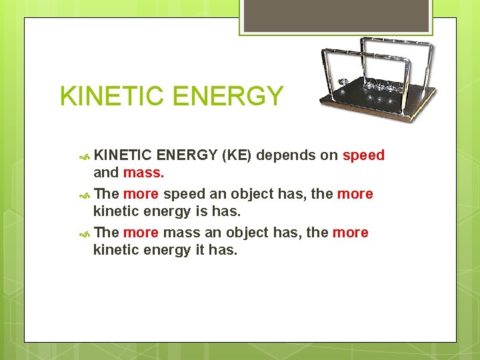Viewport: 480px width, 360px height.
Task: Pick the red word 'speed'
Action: pyautogui.click(x=363, y=155)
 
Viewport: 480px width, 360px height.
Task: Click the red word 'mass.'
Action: pyautogui.click(x=143, y=173)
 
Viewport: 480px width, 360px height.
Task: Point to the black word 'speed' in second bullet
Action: pyautogui.click(x=185, y=194)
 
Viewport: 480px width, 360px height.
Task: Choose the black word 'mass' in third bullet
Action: pyautogui.click(x=181, y=233)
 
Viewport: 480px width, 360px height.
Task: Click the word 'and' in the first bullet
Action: pyautogui.click(x=105, y=173)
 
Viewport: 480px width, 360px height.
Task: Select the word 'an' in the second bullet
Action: pyautogui.click(x=217, y=194)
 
